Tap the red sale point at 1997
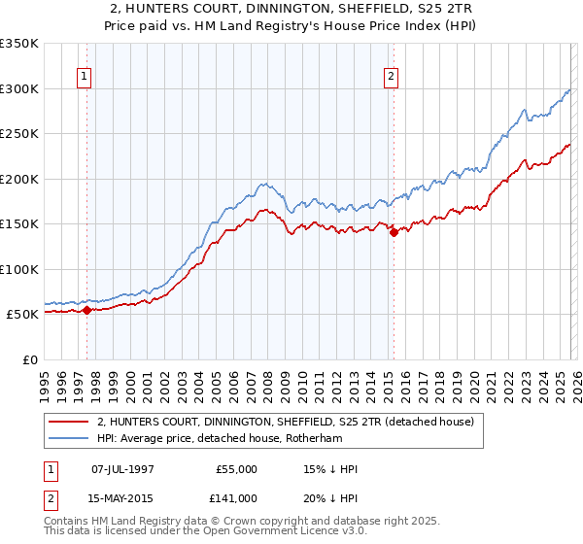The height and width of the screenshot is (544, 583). (x=86, y=310)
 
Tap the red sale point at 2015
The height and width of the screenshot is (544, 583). (x=394, y=232)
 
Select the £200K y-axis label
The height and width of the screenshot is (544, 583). (x=19, y=179)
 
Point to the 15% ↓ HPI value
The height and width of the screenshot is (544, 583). (x=330, y=469)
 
